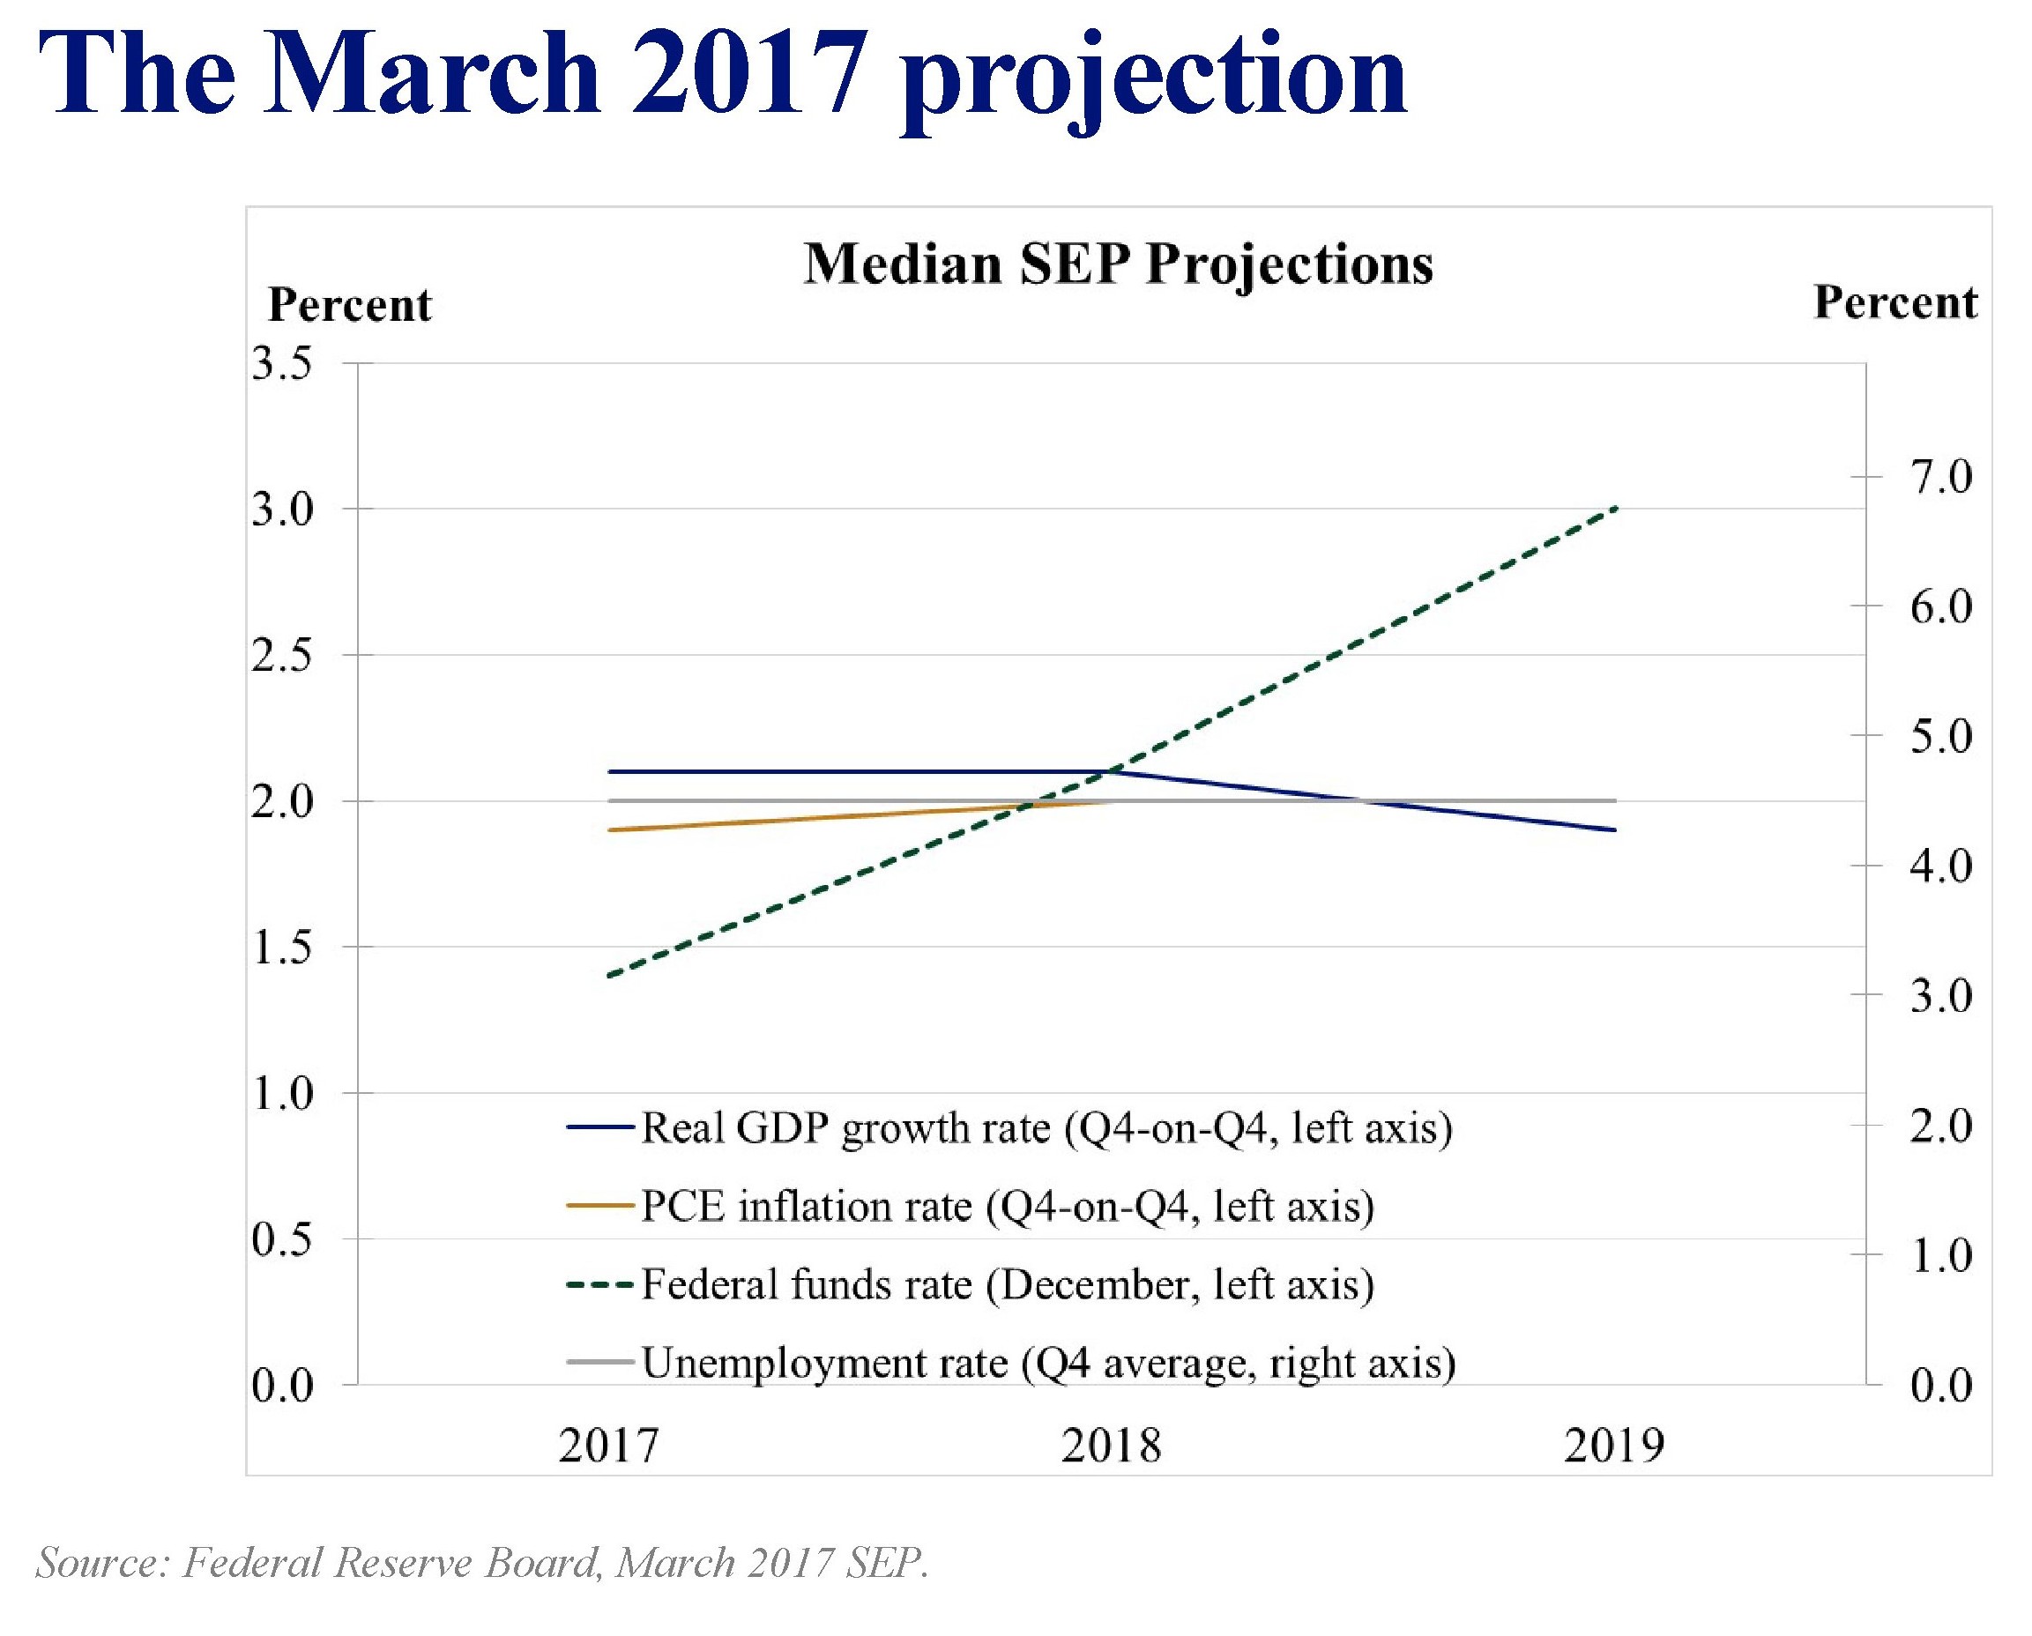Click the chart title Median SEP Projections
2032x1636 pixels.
pos(1118,264)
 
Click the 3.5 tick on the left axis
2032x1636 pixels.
pos(282,364)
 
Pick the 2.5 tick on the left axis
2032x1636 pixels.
pos(282,656)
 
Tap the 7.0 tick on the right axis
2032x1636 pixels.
pos(1940,478)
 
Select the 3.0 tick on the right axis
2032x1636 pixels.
pos(1940,995)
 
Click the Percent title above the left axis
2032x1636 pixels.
pos(350,305)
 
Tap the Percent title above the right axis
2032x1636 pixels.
pos(1895,302)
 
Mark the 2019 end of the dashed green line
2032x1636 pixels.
pos(1615,509)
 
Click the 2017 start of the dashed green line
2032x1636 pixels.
pos(610,976)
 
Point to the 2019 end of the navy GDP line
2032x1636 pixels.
pos(1615,829)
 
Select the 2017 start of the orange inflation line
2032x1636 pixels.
pos(610,829)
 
